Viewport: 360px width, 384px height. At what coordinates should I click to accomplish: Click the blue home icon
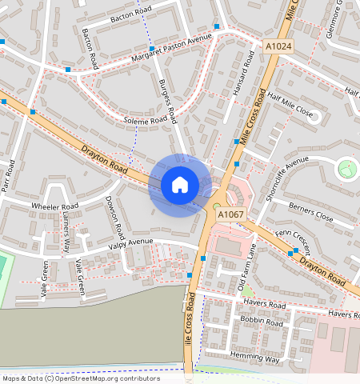[180, 185]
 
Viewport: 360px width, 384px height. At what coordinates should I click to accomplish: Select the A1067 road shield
[230, 214]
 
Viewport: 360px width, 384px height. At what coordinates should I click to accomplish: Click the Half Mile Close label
[292, 106]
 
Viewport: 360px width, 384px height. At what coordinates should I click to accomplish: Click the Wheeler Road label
[54, 206]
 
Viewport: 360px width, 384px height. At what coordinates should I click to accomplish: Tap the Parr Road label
[10, 171]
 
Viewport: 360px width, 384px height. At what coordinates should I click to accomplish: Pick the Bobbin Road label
[262, 322]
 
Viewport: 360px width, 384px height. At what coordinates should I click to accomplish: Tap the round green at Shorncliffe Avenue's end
[346, 168]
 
